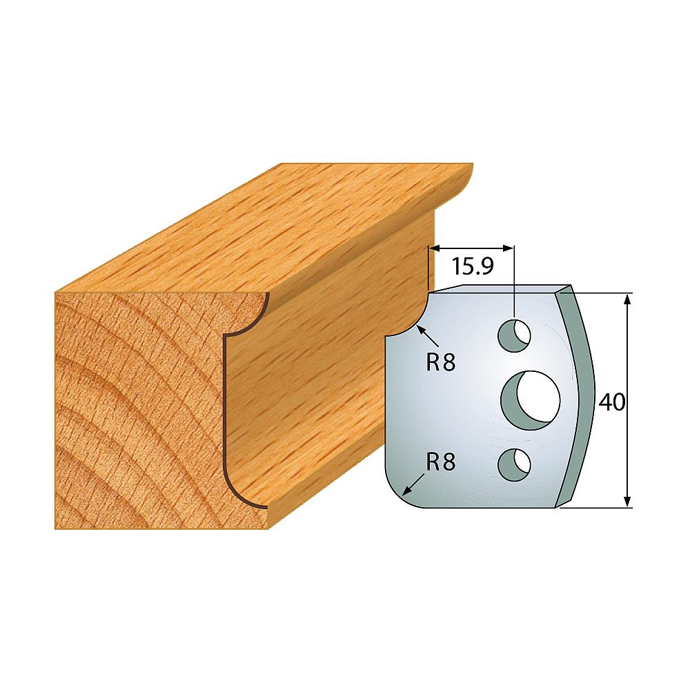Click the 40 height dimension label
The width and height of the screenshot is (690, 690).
tap(611, 402)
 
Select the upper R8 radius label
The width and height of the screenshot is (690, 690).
tap(440, 364)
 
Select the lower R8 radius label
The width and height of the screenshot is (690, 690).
tap(440, 462)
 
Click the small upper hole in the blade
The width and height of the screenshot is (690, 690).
tap(514, 336)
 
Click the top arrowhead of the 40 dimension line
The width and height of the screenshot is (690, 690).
tap(628, 299)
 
